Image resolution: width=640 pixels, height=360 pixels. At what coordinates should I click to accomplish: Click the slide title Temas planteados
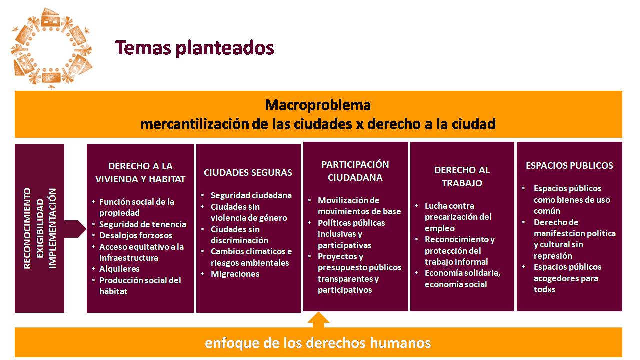coord(195,48)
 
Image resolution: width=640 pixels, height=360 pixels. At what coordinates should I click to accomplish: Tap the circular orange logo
coord(51,48)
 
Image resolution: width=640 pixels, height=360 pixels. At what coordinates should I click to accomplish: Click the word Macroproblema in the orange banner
coord(318,105)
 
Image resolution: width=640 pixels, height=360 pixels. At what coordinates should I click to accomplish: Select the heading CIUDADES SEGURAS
coord(248,172)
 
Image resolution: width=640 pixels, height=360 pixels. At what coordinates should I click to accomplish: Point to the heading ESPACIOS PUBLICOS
coord(569,165)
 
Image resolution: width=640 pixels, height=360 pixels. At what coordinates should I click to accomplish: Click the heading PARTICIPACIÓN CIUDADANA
coord(355,171)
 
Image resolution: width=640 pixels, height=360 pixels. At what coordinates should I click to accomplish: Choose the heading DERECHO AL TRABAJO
coord(462,176)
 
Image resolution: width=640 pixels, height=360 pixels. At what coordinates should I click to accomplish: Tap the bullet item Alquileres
coord(119,269)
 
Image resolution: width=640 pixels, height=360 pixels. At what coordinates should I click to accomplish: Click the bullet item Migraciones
coord(235,274)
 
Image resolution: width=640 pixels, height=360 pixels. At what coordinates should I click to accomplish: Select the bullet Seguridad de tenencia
coord(143,224)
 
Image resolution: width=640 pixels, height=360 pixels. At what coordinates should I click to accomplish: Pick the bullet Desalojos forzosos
coord(136,235)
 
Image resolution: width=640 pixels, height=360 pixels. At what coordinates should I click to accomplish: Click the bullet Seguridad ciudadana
coord(251,195)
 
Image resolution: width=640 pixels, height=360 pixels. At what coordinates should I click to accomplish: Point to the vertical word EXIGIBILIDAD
coord(40,228)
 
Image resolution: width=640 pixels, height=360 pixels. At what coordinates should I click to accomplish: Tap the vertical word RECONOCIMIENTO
coord(27,228)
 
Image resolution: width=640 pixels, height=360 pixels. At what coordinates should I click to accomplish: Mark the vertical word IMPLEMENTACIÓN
coord(53,228)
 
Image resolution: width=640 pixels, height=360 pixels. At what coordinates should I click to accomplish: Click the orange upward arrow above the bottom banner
coord(319,320)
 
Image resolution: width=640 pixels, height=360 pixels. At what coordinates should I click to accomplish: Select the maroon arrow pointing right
coord(75,229)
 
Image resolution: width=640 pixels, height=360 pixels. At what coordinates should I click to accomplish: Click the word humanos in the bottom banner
coord(400,343)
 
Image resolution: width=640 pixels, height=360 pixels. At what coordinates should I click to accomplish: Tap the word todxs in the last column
coord(545,289)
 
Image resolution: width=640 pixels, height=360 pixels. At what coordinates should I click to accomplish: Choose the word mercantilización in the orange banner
coord(194,124)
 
